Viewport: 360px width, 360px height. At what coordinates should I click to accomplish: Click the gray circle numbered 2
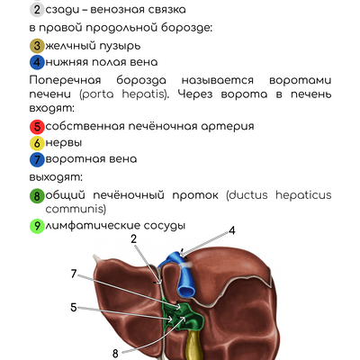37,10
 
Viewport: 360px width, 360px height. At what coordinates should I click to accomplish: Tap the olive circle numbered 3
37,46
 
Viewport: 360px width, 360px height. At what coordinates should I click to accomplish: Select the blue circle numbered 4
37,62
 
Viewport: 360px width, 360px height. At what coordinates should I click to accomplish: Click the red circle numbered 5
37,126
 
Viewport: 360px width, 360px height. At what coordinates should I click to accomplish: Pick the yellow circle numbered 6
37,143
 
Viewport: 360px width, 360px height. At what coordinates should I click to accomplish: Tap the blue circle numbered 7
37,159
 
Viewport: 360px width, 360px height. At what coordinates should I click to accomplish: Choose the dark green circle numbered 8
37,196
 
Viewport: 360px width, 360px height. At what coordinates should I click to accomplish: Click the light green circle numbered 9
37,226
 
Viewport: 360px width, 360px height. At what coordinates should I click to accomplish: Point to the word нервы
64,143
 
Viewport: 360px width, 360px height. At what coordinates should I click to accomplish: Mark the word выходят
56,177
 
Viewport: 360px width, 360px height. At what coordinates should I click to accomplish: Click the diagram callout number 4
232,230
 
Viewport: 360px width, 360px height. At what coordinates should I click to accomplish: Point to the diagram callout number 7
74,274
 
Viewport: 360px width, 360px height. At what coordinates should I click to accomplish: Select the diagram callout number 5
74,308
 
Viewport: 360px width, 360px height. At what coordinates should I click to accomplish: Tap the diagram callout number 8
115,354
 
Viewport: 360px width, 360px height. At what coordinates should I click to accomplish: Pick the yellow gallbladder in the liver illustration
193,345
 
